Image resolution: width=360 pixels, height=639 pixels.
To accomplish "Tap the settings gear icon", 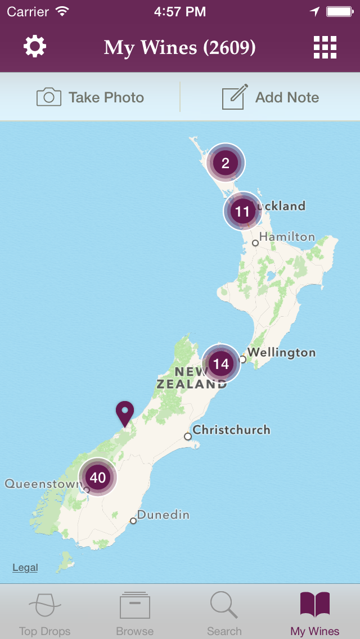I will point(35,47).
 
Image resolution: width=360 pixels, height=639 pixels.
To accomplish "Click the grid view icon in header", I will point(325,47).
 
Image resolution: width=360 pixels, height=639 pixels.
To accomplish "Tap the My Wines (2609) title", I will point(179,48).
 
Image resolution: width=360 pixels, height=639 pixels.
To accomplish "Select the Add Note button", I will point(271,97).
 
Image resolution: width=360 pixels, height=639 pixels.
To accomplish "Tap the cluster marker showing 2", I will point(226,163).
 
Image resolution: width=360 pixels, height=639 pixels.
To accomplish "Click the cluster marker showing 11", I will point(242,211).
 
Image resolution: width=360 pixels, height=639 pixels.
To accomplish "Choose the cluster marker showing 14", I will point(221,363).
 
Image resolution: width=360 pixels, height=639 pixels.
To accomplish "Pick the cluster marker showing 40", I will point(98,478).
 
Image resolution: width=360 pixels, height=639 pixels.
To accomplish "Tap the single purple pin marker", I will point(124,413).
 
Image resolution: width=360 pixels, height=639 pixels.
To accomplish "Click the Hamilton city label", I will point(286,237).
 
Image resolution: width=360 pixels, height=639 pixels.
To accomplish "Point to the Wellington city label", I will point(281,353).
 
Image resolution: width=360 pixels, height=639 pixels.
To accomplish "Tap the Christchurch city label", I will point(231,430).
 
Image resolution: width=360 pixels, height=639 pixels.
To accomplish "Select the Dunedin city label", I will point(163,515).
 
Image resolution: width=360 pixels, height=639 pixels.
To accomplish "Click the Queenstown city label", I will point(43,484).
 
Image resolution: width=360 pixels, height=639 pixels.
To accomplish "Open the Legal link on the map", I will point(25,568).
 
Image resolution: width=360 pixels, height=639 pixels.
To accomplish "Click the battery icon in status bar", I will point(340,11).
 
